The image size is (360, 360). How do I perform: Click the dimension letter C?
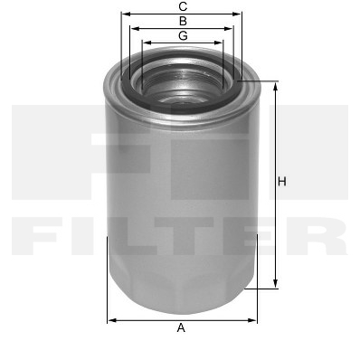(183, 6)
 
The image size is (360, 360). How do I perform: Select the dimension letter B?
(183, 21)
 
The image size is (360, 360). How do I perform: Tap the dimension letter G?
(183, 36)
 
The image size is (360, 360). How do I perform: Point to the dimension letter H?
(282, 182)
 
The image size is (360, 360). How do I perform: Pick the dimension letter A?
(181, 327)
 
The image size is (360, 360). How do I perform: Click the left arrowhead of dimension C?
(125, 14)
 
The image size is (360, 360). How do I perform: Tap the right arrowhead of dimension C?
(237, 14)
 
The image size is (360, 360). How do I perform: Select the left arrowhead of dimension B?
(134, 29)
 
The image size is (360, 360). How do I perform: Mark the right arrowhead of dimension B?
(229, 29)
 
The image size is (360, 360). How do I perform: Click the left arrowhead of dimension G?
(147, 43)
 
